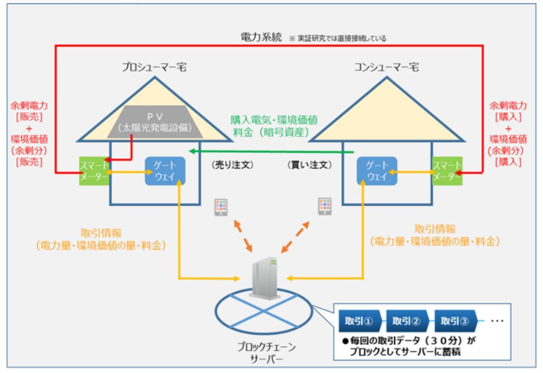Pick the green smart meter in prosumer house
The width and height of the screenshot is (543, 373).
(94, 171)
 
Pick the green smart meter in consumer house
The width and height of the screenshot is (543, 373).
(447, 171)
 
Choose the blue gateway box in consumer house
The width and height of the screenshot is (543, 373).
(376, 171)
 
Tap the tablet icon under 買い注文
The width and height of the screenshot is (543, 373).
(324, 207)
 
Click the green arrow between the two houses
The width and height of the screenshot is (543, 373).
(271, 151)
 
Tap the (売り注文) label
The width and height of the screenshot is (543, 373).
(233, 165)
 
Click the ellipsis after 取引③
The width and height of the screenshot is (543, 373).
(497, 320)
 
